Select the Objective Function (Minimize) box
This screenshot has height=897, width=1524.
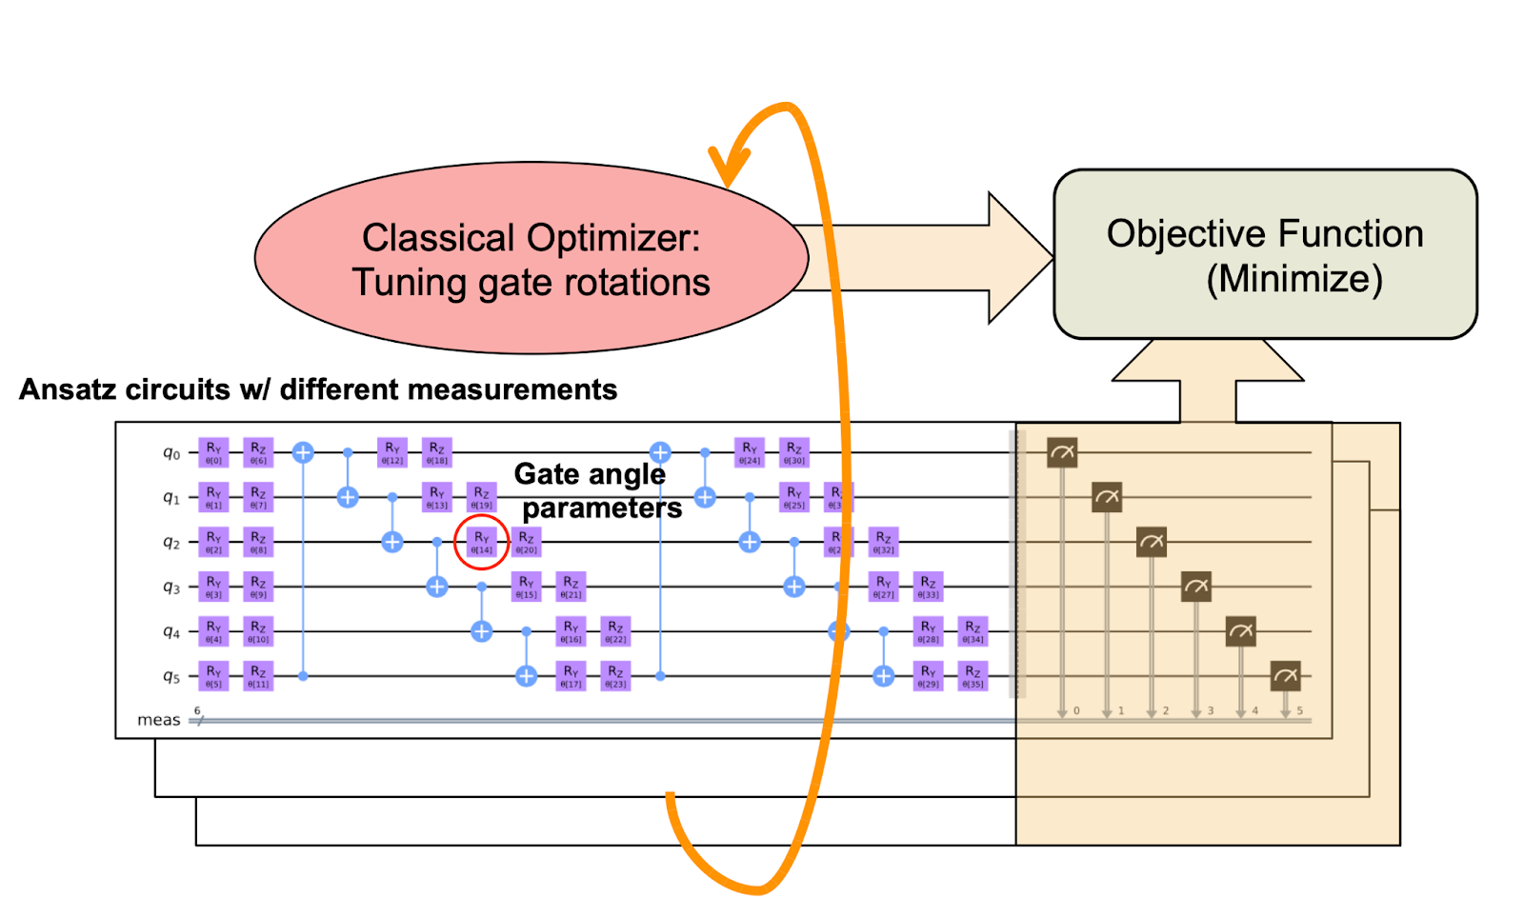(1265, 255)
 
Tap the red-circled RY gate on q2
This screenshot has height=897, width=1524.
(482, 543)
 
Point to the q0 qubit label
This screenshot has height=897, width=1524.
(171, 453)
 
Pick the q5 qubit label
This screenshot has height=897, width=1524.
(171, 676)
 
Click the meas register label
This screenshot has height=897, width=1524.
(158, 720)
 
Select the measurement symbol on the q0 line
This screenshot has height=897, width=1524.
(1062, 452)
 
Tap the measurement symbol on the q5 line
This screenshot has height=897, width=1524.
(1285, 676)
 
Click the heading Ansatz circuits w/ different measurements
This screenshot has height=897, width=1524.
(318, 389)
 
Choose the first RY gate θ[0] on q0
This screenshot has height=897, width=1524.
(213, 452)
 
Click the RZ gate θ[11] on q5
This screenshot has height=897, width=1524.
(258, 676)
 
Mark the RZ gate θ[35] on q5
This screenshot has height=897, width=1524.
(973, 676)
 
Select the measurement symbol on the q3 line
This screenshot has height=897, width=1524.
(1195, 587)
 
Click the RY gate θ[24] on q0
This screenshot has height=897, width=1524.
(750, 452)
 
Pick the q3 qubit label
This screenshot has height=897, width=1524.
(171, 588)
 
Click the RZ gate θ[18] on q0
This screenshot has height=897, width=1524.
(437, 452)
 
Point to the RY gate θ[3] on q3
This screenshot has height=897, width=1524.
(213, 587)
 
